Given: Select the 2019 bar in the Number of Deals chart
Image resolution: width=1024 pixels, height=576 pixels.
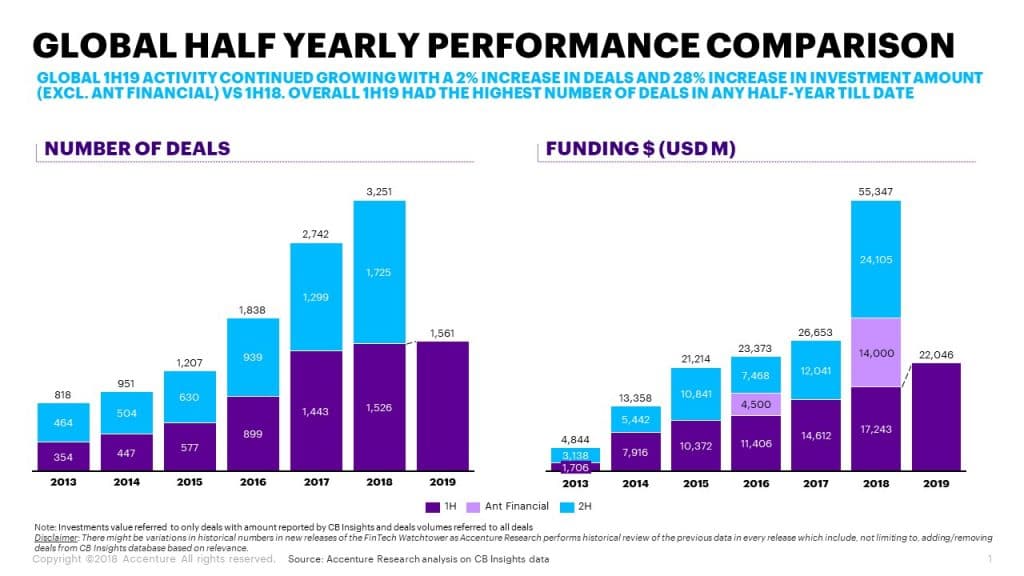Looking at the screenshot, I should coord(442,405).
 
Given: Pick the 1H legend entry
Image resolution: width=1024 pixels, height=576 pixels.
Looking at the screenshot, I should coord(444,506).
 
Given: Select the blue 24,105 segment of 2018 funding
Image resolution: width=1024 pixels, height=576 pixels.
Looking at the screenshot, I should coord(875,259).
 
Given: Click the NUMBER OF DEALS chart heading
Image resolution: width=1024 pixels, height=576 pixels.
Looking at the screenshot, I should coord(137,149).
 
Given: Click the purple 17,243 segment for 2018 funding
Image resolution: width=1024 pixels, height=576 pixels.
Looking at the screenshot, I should coord(875,429).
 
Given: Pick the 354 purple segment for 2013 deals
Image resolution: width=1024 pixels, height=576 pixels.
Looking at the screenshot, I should coord(63,456).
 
